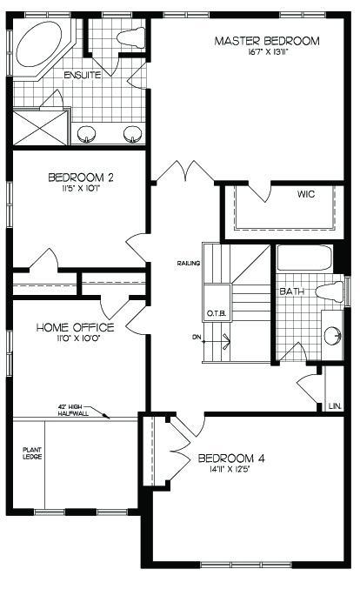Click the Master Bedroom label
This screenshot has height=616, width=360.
pyautogui.click(x=267, y=41)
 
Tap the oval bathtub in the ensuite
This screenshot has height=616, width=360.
pyautogui.click(x=39, y=44)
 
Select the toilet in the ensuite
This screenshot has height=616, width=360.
pyautogui.click(x=130, y=37)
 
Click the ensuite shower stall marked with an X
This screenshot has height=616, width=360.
pyautogui.click(x=41, y=128)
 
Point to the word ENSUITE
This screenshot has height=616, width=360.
pyautogui.click(x=83, y=75)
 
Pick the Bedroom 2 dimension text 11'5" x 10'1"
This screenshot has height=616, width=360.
pyautogui.click(x=81, y=187)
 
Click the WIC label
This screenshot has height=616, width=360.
pyautogui.click(x=306, y=194)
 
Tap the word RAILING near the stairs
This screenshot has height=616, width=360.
pyautogui.click(x=189, y=264)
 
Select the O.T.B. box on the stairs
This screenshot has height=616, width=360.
pyautogui.click(x=217, y=302)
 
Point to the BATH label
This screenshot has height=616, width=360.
pyautogui.click(x=291, y=291)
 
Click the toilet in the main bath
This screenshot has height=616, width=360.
pyautogui.click(x=330, y=292)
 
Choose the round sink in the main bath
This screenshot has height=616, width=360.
pyautogui.click(x=332, y=337)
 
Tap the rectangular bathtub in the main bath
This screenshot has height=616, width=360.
pyautogui.click(x=305, y=258)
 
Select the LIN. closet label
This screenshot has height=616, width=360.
pyautogui.click(x=336, y=405)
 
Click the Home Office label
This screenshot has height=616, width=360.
pyautogui.click(x=75, y=327)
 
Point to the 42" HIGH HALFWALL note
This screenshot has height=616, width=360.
pyautogui.click(x=73, y=411)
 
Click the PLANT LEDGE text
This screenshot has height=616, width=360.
pyautogui.click(x=32, y=453)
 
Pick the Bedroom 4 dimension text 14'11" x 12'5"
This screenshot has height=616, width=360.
pyautogui.click(x=230, y=468)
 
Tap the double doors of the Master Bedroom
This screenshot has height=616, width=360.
pyautogui.click(x=184, y=170)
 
